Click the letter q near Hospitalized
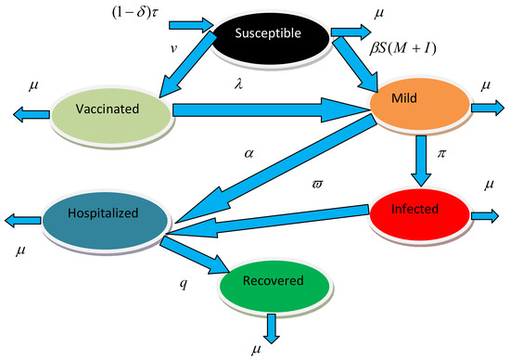[184, 281]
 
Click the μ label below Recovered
[256, 350]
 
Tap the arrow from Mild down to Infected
[421, 160]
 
